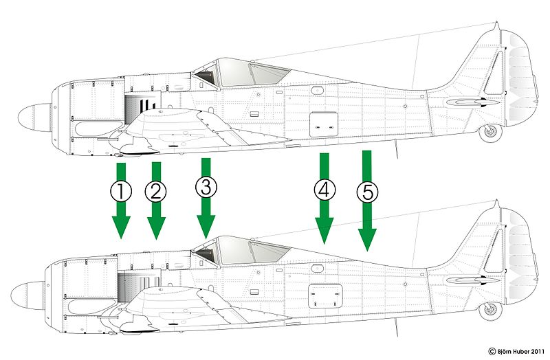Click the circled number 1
(121, 191)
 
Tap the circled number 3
(205, 187)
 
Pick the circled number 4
(324, 190)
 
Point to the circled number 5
(367, 193)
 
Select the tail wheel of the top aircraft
(490, 131)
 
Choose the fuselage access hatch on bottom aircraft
(324, 295)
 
